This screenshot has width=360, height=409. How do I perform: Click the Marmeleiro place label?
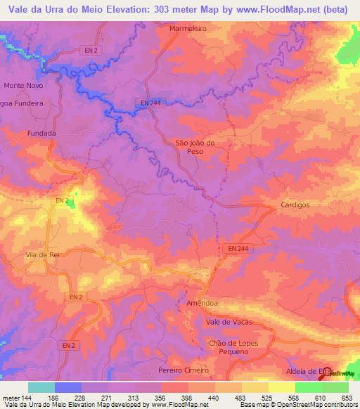[187, 29]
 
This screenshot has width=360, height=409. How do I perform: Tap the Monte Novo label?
[24, 85]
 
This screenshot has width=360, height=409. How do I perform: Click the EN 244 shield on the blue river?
[148, 103]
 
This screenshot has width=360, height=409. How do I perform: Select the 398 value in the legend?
[178, 398]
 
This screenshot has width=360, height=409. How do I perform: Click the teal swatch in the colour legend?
[41, 387]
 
